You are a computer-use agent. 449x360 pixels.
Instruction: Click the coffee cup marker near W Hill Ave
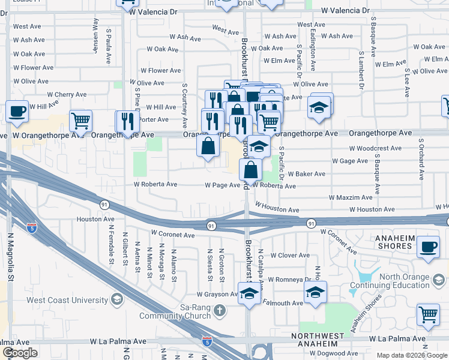tap(17, 111)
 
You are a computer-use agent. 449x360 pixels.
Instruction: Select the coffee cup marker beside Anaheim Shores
tap(428, 247)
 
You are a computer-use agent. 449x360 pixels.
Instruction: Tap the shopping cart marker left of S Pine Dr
tap(80, 121)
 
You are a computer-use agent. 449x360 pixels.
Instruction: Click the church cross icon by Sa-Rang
tap(220, 310)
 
